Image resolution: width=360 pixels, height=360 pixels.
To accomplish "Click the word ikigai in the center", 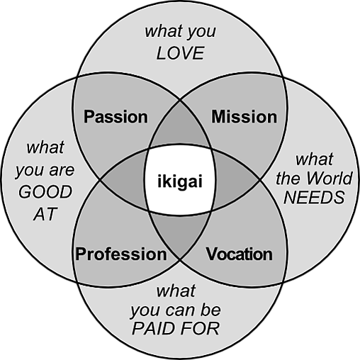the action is click(180, 182).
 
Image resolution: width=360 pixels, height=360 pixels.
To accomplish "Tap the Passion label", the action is click(116, 117).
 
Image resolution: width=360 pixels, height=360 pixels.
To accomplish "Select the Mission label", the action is click(244, 117).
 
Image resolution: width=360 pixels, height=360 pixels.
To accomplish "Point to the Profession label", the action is click(121, 254).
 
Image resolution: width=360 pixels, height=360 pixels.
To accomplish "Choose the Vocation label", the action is click(240, 254).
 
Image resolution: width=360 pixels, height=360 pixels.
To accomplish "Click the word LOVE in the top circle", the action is click(180, 53).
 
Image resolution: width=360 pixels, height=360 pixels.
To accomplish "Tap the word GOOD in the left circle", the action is click(45, 191).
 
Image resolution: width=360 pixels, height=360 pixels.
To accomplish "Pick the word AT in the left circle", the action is click(45, 214).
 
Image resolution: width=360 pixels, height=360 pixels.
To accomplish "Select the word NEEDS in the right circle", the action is click(314, 197).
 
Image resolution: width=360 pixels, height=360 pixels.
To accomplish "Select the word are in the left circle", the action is click(62, 171).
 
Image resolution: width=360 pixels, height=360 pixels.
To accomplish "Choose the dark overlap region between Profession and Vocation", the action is click(180, 235).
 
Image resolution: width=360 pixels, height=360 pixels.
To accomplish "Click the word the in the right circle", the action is click(286, 179).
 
